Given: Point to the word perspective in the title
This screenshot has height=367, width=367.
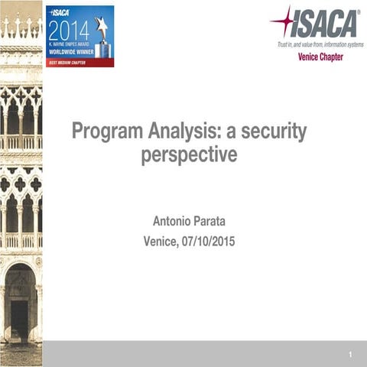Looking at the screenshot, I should [189, 155].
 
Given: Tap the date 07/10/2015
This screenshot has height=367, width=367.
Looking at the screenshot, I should [208, 242].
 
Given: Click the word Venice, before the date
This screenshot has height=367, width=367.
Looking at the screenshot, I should [162, 242].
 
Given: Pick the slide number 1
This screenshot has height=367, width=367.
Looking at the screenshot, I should [349, 355].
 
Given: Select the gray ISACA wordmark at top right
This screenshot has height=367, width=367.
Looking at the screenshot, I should [324, 24].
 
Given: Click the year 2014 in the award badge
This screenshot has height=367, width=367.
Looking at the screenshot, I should [70, 31].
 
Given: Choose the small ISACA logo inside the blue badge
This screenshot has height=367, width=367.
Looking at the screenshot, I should [61, 13].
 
